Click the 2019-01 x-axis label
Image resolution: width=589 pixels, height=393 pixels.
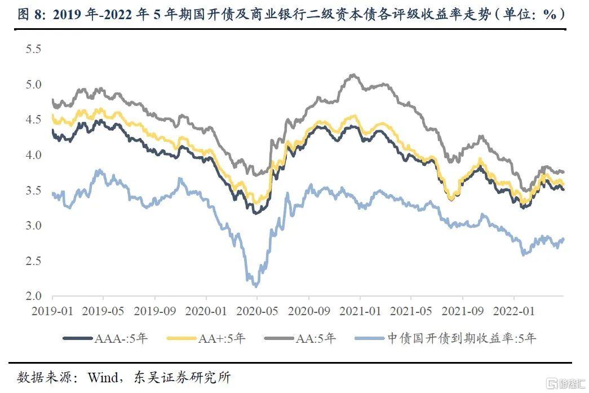point(52,310)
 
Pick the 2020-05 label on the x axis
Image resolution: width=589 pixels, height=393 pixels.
point(258,310)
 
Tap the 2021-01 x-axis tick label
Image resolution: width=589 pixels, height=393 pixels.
point(360,310)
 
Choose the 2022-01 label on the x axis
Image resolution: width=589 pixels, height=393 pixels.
point(513,310)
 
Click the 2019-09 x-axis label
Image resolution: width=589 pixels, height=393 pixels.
point(155,310)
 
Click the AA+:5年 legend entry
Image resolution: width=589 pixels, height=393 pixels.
point(206,338)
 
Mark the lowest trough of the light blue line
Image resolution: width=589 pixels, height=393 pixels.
point(255,286)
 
